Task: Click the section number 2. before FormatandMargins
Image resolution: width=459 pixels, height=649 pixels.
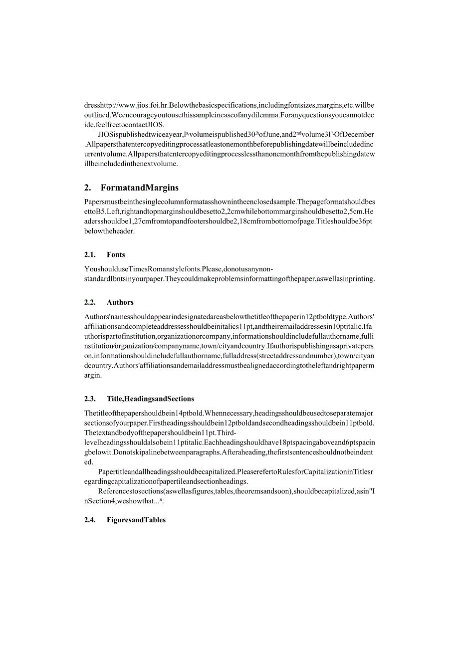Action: [88, 188]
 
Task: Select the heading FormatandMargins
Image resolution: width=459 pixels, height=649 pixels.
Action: [139, 188]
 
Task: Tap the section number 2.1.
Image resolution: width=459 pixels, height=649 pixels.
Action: [90, 254]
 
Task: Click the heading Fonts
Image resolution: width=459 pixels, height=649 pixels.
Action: [116, 254]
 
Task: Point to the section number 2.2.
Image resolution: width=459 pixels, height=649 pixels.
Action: [90, 302]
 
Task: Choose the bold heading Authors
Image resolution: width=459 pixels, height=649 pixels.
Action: [120, 302]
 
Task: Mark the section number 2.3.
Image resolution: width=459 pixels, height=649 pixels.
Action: [90, 399]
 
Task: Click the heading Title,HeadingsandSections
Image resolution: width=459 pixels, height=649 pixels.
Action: [150, 399]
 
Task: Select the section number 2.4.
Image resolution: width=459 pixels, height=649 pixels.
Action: [90, 520]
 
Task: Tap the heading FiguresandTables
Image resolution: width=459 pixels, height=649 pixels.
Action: [136, 520]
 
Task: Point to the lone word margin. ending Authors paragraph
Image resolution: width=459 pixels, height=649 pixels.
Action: [93, 375]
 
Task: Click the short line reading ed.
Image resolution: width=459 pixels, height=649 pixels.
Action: [89, 462]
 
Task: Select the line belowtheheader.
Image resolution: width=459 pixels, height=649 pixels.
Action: [110, 231]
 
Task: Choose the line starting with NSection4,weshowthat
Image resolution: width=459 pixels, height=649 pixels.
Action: [125, 501]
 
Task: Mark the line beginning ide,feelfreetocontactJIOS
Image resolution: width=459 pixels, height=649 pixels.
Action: [124, 125]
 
